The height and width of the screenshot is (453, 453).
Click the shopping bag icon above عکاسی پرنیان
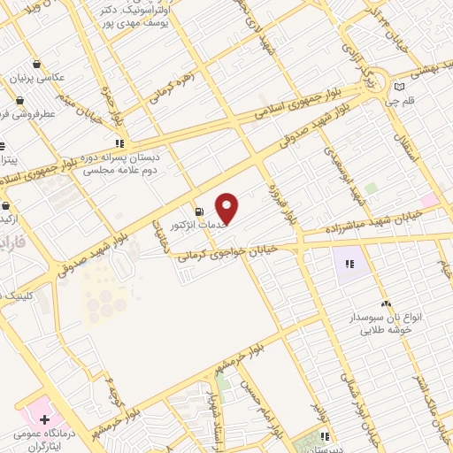(35, 63)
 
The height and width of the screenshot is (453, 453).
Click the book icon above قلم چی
(399, 86)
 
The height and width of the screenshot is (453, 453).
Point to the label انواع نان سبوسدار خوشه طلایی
(386, 324)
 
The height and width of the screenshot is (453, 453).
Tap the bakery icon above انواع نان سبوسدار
(385, 303)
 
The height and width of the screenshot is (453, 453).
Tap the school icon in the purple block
(349, 263)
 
